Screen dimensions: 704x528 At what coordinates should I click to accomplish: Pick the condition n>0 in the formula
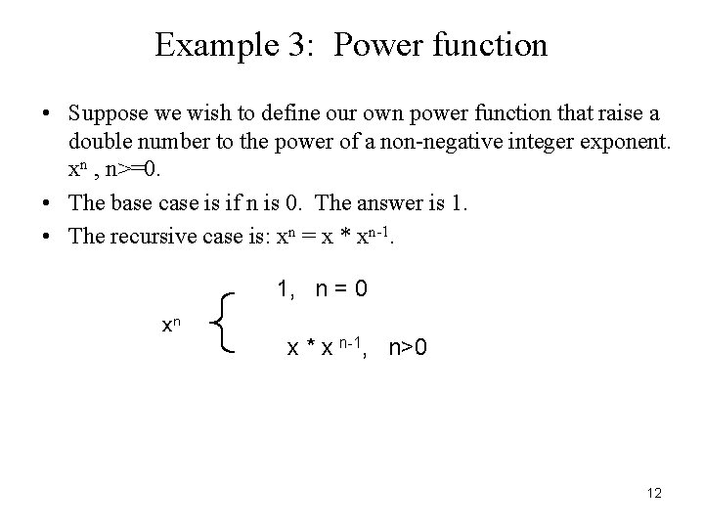pyautogui.click(x=408, y=347)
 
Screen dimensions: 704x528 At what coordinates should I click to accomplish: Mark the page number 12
pyautogui.click(x=654, y=494)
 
